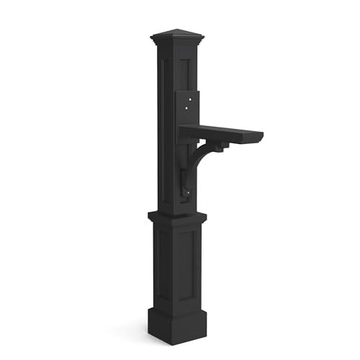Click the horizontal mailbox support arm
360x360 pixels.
(x=220, y=133)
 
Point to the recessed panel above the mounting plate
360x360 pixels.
(x=189, y=72)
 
